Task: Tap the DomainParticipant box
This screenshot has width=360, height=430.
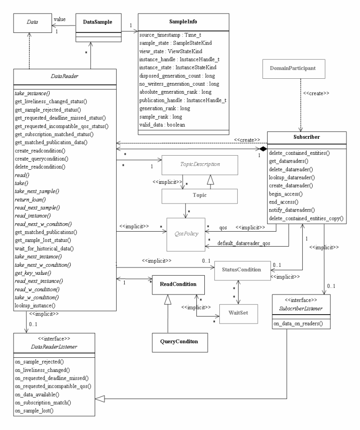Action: point(300,68)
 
